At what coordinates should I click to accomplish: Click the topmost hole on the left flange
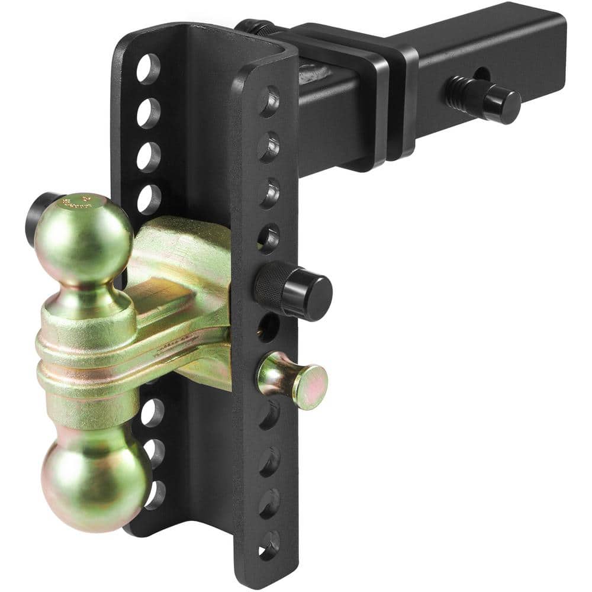click(148, 69)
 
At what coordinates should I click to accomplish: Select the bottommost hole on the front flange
click(269, 542)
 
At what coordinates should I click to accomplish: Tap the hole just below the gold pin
click(269, 414)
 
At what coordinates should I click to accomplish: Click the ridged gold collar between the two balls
click(89, 355)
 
